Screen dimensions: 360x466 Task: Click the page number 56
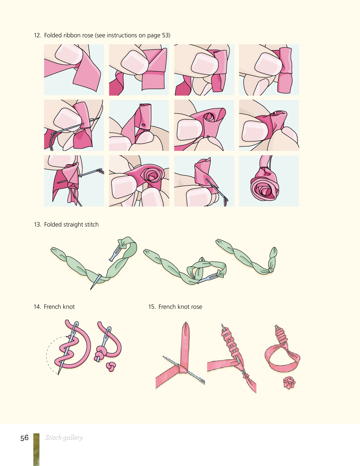(x=24, y=438)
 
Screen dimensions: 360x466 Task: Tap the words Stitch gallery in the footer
(x=64, y=438)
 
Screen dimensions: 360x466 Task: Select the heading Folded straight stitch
(x=71, y=225)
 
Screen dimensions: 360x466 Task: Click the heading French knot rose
(x=180, y=307)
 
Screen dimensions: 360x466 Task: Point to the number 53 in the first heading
(x=165, y=35)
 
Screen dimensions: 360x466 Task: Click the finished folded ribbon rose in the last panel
(x=265, y=185)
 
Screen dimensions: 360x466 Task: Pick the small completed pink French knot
(x=111, y=366)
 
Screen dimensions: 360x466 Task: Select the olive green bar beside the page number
(x=36, y=449)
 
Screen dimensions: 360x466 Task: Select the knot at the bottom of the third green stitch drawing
(x=271, y=270)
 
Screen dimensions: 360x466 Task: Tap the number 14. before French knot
(x=37, y=307)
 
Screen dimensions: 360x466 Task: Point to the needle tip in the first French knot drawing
(x=58, y=374)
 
